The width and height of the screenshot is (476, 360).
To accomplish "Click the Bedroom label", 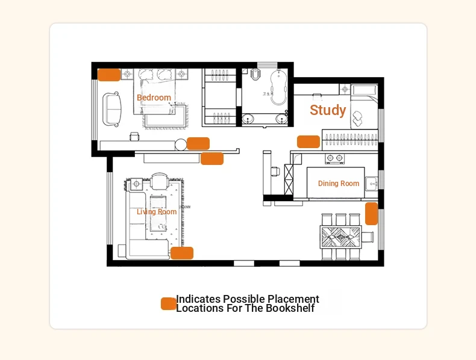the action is click(x=154, y=98).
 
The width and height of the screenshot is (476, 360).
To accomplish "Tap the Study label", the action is click(x=328, y=110).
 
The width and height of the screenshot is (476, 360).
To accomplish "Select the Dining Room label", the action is click(x=339, y=184).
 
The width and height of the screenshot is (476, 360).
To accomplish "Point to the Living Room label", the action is click(x=157, y=212).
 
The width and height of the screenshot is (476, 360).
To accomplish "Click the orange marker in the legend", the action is click(x=169, y=303).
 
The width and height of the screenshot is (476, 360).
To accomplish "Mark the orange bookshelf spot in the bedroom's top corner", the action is click(x=109, y=75).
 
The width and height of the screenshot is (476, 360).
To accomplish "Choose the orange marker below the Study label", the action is click(x=308, y=141).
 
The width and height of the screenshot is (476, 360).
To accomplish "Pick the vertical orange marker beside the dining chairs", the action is click(x=371, y=214).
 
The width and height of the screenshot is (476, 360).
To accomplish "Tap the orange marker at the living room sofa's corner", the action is click(x=182, y=253).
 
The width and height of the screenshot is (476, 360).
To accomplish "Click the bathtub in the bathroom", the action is click(x=279, y=87).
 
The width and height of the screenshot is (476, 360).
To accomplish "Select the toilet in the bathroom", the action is click(x=256, y=74).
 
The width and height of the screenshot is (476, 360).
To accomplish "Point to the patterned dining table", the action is click(x=341, y=237).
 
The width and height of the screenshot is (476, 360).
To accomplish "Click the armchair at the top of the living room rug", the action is click(x=160, y=181).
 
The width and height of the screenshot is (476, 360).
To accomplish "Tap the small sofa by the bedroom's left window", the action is click(x=111, y=109).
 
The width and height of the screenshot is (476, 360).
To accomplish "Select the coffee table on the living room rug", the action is click(x=158, y=213).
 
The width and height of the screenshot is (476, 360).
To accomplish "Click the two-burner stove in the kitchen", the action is click(x=334, y=158).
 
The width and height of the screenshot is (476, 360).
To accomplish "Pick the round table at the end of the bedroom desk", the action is click(x=181, y=144).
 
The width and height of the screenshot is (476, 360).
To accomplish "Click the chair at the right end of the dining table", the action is click(x=368, y=237).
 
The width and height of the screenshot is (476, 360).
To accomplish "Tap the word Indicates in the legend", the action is click(x=198, y=299).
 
